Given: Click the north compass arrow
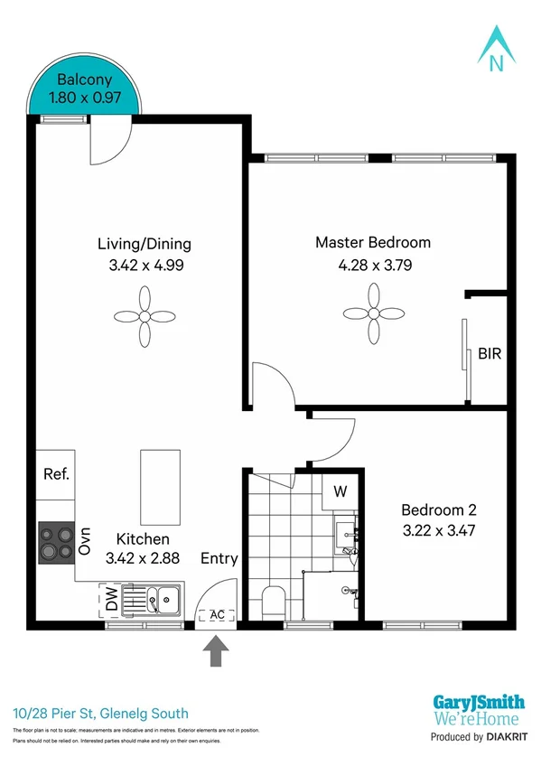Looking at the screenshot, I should tap(495, 46).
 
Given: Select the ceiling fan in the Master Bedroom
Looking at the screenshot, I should tap(373, 313).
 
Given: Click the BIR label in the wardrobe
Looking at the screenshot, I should tap(489, 354).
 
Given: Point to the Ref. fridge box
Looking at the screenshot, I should tap(56, 475).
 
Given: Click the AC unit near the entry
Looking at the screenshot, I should tap(217, 615).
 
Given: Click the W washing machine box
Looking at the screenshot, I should tap(340, 492).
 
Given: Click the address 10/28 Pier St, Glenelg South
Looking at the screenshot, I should tap(101, 714).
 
